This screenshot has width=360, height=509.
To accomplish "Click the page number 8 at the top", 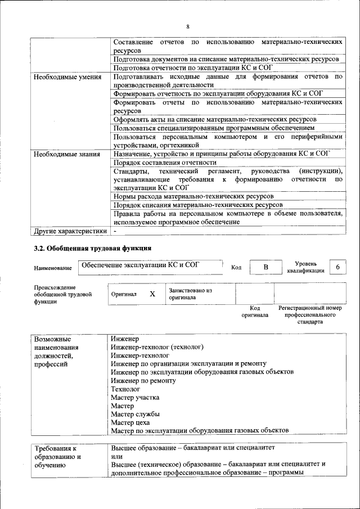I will click(188, 27).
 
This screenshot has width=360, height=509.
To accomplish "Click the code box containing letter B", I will click(265, 267).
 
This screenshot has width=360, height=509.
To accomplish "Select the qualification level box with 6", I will click(337, 267).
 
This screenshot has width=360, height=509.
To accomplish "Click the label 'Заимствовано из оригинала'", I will click(190, 294).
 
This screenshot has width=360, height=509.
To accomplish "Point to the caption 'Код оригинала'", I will click(255, 312).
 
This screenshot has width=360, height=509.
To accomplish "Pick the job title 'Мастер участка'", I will click(135, 397).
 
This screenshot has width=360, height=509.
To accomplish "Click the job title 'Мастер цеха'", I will click(129, 422).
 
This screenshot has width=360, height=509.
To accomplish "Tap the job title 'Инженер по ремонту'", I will click(143, 381).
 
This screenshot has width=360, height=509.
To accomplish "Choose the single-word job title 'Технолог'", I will click(125, 389).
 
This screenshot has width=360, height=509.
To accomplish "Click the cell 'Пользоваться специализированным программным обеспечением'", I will click(214, 128).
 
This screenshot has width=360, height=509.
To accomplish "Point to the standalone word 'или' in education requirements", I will click(116, 456).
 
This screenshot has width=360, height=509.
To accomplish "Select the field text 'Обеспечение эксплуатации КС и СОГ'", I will click(141, 264).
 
